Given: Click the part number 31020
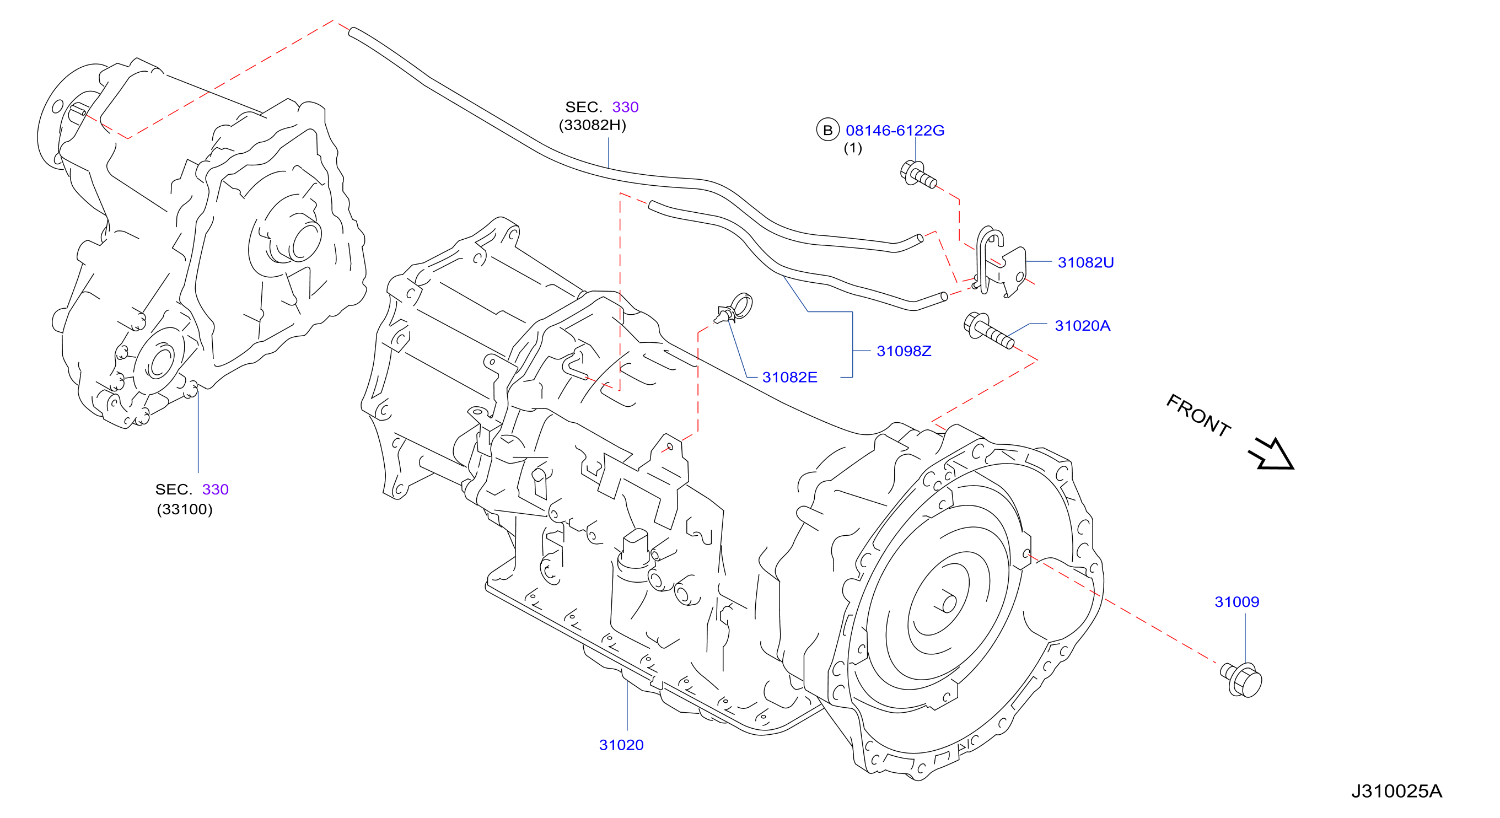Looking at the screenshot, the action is pyautogui.click(x=621, y=745).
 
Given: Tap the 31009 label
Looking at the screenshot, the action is pyautogui.click(x=1237, y=601).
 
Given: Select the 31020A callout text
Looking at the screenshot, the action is pyautogui.click(x=1083, y=325).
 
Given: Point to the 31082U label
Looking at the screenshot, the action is pyautogui.click(x=1085, y=262).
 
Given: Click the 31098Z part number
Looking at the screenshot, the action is pyautogui.click(x=904, y=351).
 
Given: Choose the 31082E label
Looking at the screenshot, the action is pyautogui.click(x=789, y=377).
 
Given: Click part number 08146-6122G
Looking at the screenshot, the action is pyautogui.click(x=895, y=131).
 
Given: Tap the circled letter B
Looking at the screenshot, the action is pyautogui.click(x=827, y=130).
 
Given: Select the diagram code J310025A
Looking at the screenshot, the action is pyautogui.click(x=1396, y=791).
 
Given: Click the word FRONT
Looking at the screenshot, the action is pyautogui.click(x=1198, y=415).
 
